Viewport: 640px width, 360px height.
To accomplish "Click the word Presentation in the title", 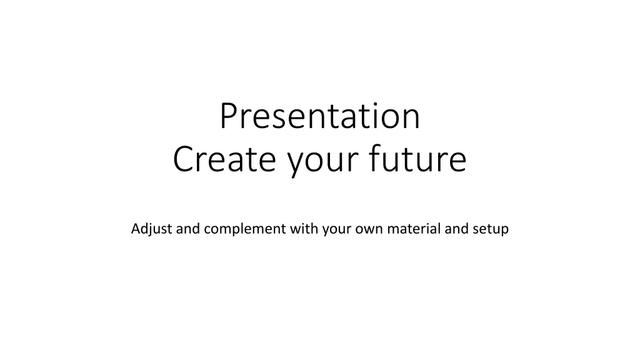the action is click(x=320, y=116).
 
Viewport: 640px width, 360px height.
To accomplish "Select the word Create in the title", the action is click(x=224, y=159).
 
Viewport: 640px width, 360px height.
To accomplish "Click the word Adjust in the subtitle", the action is click(x=151, y=229).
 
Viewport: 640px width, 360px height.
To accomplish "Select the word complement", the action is click(x=245, y=229).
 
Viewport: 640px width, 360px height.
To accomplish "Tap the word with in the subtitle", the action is click(x=304, y=228).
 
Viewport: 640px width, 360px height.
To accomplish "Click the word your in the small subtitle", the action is click(x=337, y=230).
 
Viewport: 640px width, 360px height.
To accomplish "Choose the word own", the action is click(x=369, y=230).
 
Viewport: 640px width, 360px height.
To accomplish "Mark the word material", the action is click(x=414, y=229).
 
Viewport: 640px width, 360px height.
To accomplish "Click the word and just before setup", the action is click(x=456, y=229).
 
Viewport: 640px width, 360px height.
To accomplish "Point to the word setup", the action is click(x=491, y=229).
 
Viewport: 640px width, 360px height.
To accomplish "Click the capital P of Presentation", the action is click(x=229, y=116).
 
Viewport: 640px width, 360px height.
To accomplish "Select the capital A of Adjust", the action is click(x=136, y=229).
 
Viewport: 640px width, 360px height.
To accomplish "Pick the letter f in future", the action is click(x=375, y=157).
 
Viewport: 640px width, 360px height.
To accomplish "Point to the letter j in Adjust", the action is click(x=151, y=230).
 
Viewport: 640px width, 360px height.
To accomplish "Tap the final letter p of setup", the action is click(x=504, y=231).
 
